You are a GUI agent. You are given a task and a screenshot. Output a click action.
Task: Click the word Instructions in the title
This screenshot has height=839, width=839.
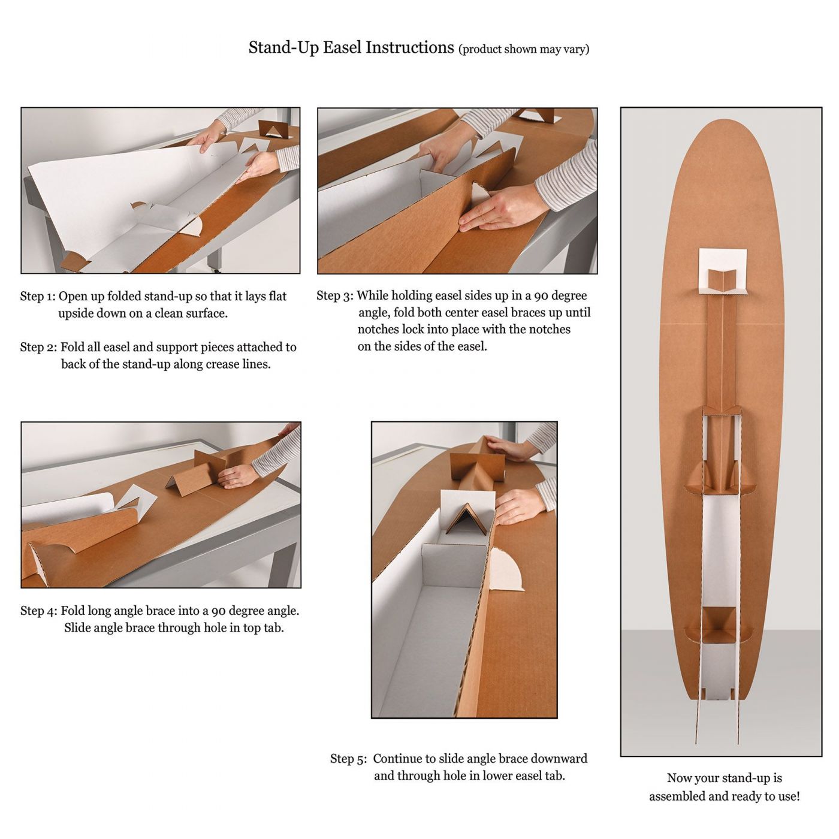[x=410, y=47]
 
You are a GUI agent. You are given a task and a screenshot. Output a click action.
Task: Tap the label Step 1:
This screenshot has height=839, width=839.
[x=38, y=297]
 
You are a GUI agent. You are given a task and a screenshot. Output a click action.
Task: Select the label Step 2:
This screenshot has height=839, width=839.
[x=38, y=348]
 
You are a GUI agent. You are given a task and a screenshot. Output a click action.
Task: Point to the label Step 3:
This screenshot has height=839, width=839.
[x=335, y=295]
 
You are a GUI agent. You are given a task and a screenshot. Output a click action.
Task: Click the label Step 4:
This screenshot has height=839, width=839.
[x=38, y=611]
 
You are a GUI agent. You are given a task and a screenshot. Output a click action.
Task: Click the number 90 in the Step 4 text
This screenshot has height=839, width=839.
[x=219, y=611]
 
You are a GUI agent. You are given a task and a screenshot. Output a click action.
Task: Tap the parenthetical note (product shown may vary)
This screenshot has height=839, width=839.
[x=524, y=49]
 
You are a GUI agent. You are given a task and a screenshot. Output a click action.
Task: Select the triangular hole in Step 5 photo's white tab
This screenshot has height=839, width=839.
[x=467, y=520]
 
